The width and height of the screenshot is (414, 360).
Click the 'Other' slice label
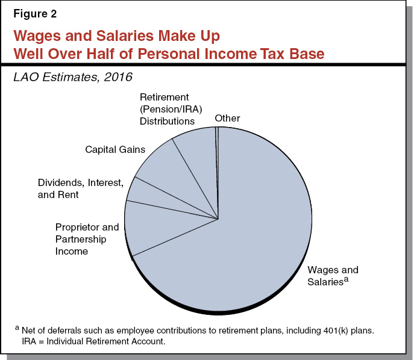point(227,118)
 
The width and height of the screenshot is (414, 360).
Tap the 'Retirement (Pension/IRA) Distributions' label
point(167,109)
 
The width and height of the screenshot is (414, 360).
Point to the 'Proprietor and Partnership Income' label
point(87,239)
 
